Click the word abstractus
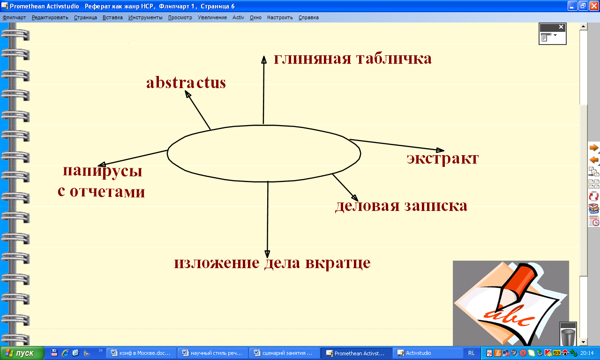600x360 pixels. pos(186,82)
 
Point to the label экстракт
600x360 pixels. pos(442,159)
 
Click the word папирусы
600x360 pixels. pos(102,172)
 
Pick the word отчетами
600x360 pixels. pos(107,192)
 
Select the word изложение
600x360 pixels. pos(217,263)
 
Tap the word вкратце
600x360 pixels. pos(338,263)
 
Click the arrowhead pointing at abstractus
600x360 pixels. pos(188,94)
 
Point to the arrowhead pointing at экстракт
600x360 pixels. pos(440,150)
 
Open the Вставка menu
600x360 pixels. pos(112,17)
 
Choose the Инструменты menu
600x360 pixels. pos(145,17)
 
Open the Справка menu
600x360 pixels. pos(308,17)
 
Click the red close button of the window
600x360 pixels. pos(594,6)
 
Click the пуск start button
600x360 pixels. pos(22,353)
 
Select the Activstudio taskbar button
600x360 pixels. pos(427,353)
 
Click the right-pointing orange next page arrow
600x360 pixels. pos(593,148)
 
